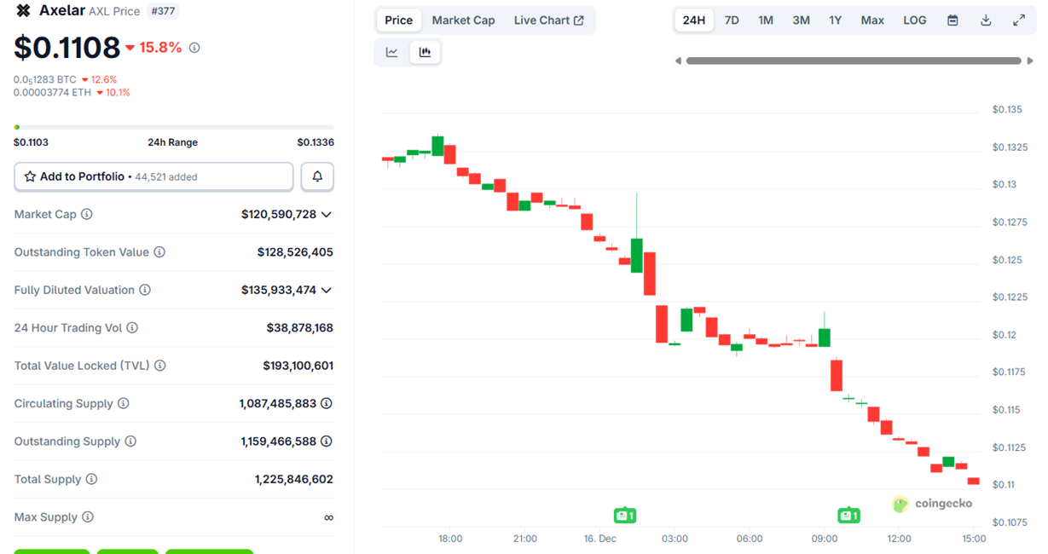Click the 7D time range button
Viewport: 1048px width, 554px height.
tap(732, 20)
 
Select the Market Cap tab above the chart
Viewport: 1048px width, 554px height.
tap(463, 20)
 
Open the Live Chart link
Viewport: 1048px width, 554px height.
tap(548, 20)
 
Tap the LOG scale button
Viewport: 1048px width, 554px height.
tap(914, 20)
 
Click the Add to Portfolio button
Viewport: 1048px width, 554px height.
tap(153, 176)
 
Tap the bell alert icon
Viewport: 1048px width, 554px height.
tap(317, 176)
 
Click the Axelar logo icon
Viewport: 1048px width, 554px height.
tap(23, 11)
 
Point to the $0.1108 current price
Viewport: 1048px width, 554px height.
tap(67, 48)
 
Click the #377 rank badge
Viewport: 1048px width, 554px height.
tap(162, 11)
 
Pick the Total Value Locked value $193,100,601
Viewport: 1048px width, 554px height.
tap(298, 366)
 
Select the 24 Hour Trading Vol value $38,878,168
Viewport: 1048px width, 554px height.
tap(299, 328)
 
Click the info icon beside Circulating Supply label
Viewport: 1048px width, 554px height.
tap(123, 403)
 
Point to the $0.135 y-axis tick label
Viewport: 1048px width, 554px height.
tap(1007, 109)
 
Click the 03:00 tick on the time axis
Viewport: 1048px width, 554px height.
tap(675, 539)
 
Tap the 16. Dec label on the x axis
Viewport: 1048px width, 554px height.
tap(599, 539)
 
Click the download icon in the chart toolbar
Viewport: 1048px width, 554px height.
tap(986, 20)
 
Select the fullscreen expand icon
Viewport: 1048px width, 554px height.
tap(1019, 20)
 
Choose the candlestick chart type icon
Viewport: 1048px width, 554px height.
tap(425, 52)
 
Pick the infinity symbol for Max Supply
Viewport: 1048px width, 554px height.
tap(328, 517)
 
